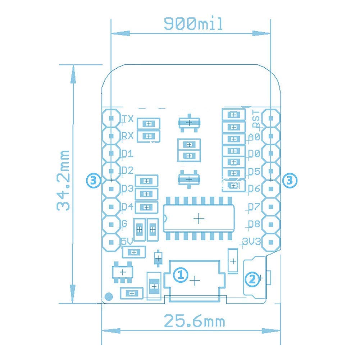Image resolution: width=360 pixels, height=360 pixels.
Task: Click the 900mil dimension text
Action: pos(193,24)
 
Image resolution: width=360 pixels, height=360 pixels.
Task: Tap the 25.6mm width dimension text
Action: pos(194,321)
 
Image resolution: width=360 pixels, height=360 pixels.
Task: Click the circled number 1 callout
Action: pos(180,275)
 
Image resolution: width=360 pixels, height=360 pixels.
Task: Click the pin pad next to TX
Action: pos(111,118)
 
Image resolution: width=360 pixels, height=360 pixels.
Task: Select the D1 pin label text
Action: pos(127,154)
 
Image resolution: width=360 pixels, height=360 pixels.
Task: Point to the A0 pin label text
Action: pos(254,137)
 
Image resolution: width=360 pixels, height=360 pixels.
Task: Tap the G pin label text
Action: pos(124,224)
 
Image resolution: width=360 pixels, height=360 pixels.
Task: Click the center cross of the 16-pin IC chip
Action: pos(198,218)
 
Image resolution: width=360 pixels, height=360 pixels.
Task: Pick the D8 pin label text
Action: pos(254,224)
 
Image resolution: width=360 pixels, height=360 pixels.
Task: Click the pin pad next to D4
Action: pos(111,206)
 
